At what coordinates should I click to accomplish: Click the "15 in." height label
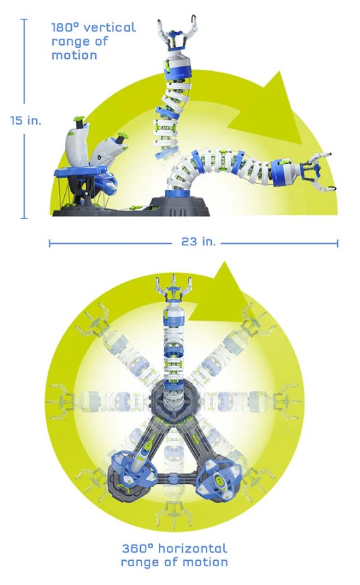[25, 121]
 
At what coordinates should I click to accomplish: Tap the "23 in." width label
[199, 241]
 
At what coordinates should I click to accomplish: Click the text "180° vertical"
[94, 27]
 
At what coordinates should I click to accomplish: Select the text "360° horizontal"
[174, 548]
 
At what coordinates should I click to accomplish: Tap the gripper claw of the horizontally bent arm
[320, 171]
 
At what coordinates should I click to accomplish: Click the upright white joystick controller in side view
[77, 143]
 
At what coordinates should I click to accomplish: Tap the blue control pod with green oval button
[219, 474]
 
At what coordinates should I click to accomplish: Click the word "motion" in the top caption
[74, 55]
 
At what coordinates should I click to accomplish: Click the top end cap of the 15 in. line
[24, 19]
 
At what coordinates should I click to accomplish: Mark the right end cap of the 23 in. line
[337, 244]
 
